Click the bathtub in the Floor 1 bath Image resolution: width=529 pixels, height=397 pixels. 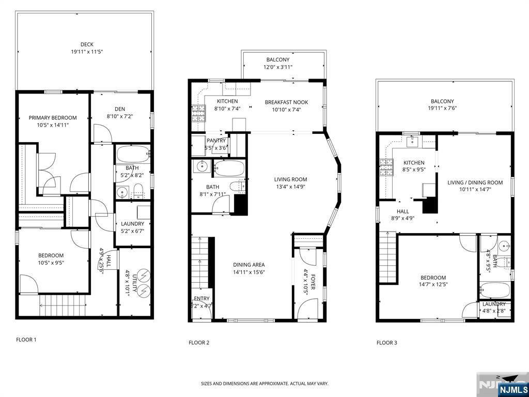(x=133, y=154)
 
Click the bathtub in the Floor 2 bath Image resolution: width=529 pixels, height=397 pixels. (x=229, y=168)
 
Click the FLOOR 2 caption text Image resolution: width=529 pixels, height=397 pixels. (x=199, y=342)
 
